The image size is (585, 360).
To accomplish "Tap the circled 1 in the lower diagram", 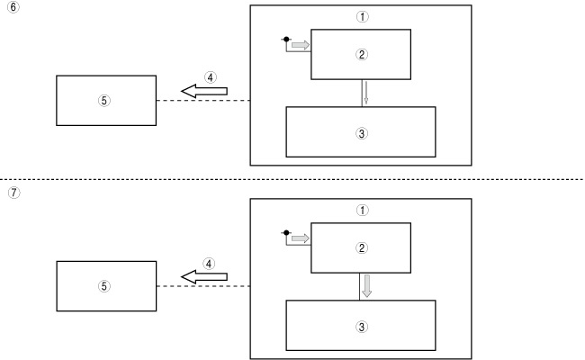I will click(361, 210).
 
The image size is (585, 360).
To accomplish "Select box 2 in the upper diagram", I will click(361, 54).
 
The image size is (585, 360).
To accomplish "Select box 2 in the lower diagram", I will click(361, 247).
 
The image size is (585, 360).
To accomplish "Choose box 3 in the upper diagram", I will click(361, 131).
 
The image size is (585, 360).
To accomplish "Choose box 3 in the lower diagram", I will click(361, 325).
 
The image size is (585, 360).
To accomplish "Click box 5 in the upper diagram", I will click(105, 100).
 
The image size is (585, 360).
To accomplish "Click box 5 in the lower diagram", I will click(105, 286).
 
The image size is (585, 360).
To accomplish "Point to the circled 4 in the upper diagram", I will click(209, 77).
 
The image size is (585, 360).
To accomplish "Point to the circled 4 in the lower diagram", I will click(209, 265).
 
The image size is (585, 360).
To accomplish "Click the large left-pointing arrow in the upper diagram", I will click(204, 91).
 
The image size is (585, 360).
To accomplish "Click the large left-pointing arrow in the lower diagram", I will click(204, 277).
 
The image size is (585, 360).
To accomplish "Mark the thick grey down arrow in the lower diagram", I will click(366, 286).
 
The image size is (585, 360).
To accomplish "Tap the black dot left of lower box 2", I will click(286, 233).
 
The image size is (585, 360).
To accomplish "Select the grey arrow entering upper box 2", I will click(301, 44).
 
